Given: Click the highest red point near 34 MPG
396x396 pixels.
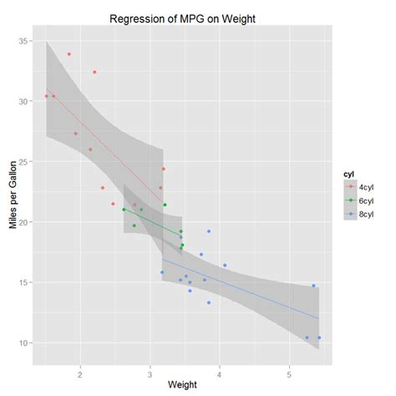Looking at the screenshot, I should tap(69, 54).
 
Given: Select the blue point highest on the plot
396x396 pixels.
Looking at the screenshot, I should tap(208, 231).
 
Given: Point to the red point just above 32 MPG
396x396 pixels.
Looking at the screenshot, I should tap(94, 72).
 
